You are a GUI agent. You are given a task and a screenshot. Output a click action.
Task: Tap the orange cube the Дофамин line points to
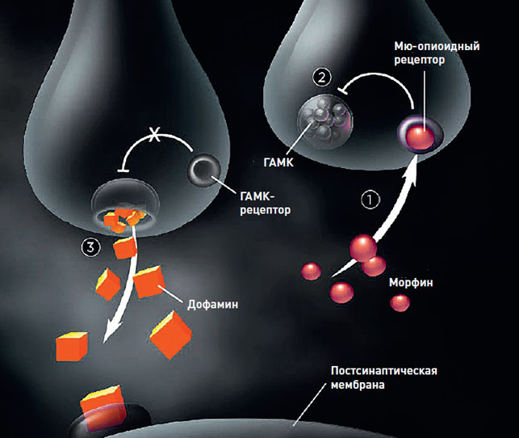(148, 280)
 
